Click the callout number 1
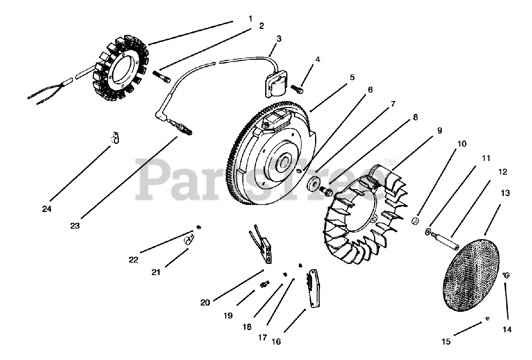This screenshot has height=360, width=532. (x=250, y=18)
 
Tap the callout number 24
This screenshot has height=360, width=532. (x=47, y=209)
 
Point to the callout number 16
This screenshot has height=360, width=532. (x=276, y=341)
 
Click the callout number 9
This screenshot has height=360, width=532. (x=439, y=130)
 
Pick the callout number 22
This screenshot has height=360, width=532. (x=133, y=259)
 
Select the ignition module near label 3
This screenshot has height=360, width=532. (x=271, y=84)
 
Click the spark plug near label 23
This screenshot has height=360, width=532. (x=181, y=126)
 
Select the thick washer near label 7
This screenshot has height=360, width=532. (x=314, y=183)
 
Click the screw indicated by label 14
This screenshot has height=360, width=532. (x=506, y=275)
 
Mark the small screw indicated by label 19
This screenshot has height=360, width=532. (x=264, y=284)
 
